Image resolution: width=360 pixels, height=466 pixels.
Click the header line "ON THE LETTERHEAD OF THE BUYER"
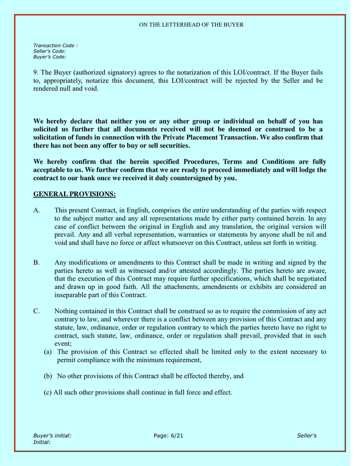[x=191, y=25]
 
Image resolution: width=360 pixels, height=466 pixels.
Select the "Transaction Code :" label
[x=55, y=46]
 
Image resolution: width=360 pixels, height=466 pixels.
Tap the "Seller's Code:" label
[x=49, y=51]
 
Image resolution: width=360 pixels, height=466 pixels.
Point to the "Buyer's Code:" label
[x=49, y=57]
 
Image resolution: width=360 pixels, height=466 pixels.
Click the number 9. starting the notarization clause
[x=36, y=72]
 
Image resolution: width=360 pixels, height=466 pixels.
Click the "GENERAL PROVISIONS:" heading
[x=74, y=194]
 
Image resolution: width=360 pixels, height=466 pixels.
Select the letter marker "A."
[x=37, y=210]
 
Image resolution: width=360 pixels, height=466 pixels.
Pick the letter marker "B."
[x=37, y=263]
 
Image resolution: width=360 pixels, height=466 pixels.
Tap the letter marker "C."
[x=37, y=311]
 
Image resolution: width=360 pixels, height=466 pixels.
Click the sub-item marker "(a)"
[x=48, y=352]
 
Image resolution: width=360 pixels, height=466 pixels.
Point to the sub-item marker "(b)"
[x=48, y=376]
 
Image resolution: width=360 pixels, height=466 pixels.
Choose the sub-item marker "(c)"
[x=48, y=392]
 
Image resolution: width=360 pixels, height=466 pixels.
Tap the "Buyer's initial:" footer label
[x=52, y=436]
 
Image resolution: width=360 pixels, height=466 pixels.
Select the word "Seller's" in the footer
[x=307, y=436]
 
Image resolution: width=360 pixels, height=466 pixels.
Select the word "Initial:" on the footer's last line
[x=42, y=442]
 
